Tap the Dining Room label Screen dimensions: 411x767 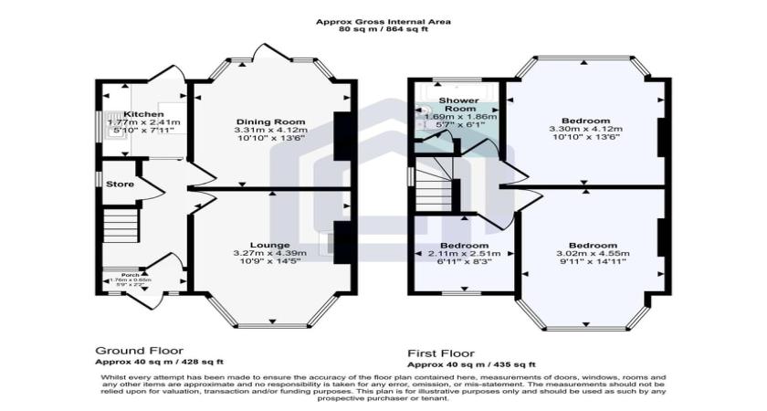point(270,121)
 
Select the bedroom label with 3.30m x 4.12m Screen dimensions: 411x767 point(585,121)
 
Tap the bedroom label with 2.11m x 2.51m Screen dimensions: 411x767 point(465,245)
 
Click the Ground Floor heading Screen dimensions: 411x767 point(140,350)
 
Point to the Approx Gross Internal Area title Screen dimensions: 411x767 point(383,21)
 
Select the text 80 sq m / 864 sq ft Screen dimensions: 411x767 point(383,29)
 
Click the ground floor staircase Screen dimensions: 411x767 point(117,224)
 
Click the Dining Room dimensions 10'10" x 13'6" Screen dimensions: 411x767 point(270,140)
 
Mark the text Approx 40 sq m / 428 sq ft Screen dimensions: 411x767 point(159,362)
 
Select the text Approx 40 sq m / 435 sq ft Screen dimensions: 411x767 point(471,364)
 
